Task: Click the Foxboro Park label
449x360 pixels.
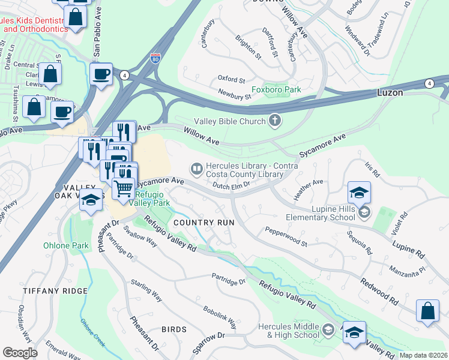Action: [x=276, y=90]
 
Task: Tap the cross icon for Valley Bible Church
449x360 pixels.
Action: [x=276, y=121]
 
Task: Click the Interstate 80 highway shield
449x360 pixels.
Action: [x=155, y=58]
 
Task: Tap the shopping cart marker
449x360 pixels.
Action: [x=123, y=188]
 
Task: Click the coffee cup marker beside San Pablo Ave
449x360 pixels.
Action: [x=101, y=74]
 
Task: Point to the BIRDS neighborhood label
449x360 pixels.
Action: [x=174, y=329]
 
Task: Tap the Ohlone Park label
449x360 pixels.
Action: [x=65, y=245]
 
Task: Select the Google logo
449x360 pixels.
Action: [x=20, y=353]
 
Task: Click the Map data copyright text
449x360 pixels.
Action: [x=423, y=355]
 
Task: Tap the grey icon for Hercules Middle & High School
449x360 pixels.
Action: [x=328, y=329]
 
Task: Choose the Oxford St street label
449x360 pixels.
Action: [x=232, y=79]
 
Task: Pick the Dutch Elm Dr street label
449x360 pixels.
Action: [x=231, y=186]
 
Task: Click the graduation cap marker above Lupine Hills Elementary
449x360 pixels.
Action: [x=358, y=192]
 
